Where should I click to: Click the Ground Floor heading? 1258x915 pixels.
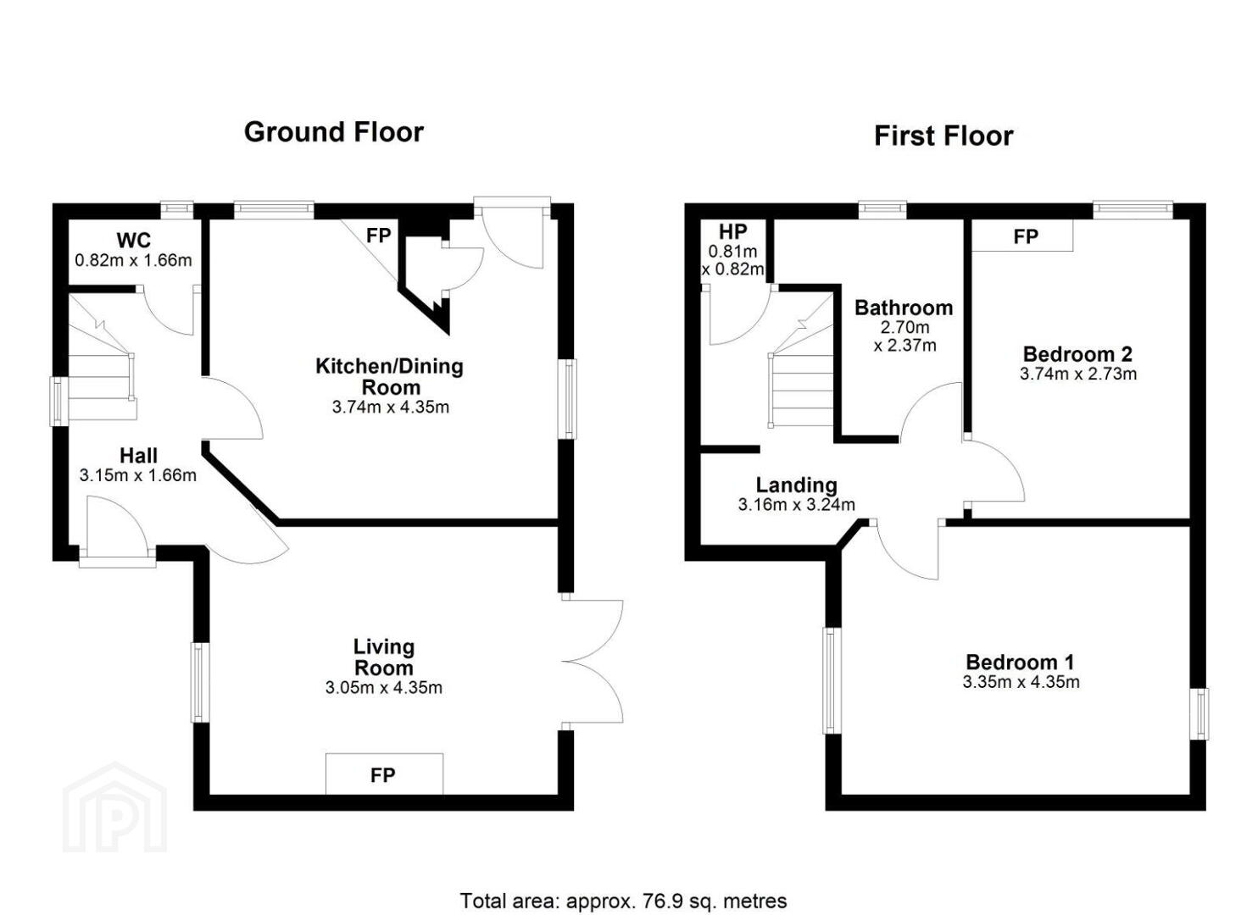334,133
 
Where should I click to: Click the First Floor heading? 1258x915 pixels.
943,136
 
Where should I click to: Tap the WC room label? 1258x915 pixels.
134,241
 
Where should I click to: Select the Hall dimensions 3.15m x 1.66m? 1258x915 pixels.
138,475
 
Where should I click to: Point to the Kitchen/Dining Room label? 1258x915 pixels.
390,377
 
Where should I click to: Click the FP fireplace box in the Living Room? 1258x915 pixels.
384,774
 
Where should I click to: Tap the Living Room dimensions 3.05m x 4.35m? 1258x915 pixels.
383,688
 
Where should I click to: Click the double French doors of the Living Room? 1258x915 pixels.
593,662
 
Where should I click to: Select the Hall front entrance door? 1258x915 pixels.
117,531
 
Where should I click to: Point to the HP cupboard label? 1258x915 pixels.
732,232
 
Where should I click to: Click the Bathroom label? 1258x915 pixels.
904,308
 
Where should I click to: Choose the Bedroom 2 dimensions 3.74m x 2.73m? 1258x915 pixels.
1078,374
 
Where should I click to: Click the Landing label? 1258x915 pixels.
796,485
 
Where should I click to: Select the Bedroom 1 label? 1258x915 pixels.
1020,663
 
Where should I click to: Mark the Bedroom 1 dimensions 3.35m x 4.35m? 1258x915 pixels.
1021,682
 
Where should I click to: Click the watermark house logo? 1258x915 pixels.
114,807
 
